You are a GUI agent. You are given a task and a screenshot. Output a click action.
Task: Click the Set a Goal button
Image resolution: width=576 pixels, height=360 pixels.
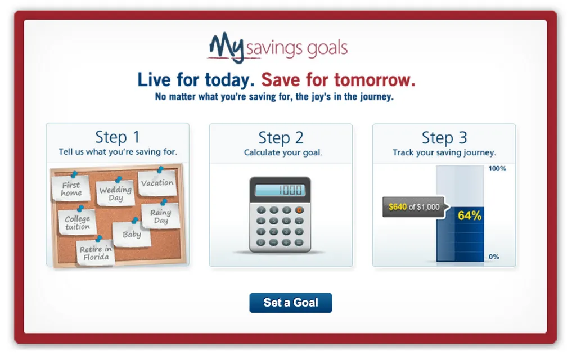291,303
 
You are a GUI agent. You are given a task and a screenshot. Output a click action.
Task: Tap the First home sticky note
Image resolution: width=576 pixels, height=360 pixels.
71,188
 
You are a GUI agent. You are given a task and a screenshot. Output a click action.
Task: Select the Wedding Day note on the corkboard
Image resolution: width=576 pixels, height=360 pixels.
115,193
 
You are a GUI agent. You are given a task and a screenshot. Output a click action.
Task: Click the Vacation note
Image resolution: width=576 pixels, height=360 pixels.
157,183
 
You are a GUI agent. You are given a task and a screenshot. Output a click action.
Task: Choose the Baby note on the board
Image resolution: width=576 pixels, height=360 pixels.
132,234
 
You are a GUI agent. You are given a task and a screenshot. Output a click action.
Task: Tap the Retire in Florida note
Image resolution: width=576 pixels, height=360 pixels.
96,253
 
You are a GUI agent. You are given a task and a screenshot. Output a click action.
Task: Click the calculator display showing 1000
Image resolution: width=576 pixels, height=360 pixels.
280,190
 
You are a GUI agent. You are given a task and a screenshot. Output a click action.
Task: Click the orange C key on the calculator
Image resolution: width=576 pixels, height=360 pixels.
299,210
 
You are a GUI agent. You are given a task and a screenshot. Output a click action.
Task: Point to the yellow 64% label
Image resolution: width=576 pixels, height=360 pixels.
470,215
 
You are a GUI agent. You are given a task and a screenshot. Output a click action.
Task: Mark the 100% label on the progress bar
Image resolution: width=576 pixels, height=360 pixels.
497,169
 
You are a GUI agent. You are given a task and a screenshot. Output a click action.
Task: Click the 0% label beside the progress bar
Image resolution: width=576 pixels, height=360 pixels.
494,256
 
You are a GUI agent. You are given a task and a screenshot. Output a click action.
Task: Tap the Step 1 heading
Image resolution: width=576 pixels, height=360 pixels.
118,137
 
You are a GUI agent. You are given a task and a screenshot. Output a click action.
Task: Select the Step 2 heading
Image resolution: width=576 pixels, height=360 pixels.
281,138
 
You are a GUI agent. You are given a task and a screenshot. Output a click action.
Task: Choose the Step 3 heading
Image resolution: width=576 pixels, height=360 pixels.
444,138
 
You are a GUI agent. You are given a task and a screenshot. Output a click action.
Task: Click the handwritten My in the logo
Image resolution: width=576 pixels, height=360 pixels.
226,48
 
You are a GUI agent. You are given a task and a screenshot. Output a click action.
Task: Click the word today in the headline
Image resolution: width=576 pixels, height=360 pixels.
229,80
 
